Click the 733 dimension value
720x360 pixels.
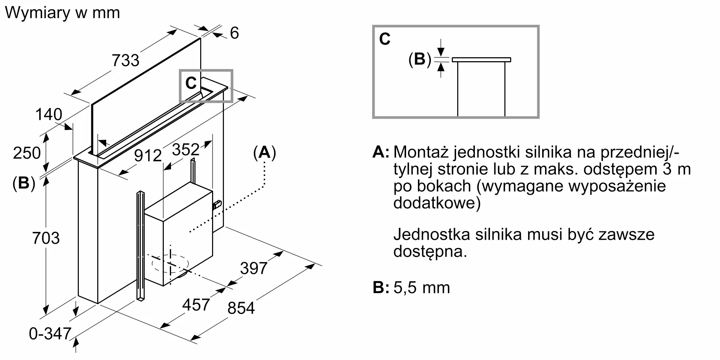[125, 60]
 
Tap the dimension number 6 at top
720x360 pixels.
[234, 33]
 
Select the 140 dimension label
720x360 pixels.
[49, 114]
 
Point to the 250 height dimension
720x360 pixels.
[27, 153]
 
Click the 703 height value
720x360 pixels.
[46, 238]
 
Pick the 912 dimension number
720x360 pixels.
[148, 156]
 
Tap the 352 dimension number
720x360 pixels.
[186, 149]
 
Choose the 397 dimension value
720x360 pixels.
[254, 268]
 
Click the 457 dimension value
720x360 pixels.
[196, 305]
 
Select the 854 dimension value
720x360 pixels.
[241, 308]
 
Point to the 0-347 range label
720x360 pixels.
[50, 334]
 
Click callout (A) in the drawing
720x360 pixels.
[265, 153]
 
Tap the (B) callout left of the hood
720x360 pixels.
[24, 183]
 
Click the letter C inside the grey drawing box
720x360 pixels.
[191, 83]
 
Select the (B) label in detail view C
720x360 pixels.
[420, 59]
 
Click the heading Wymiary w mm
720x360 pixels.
[62, 13]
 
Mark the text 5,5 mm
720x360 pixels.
[422, 288]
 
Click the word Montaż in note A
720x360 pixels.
[421, 152]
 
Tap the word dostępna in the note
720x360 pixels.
[430, 251]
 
